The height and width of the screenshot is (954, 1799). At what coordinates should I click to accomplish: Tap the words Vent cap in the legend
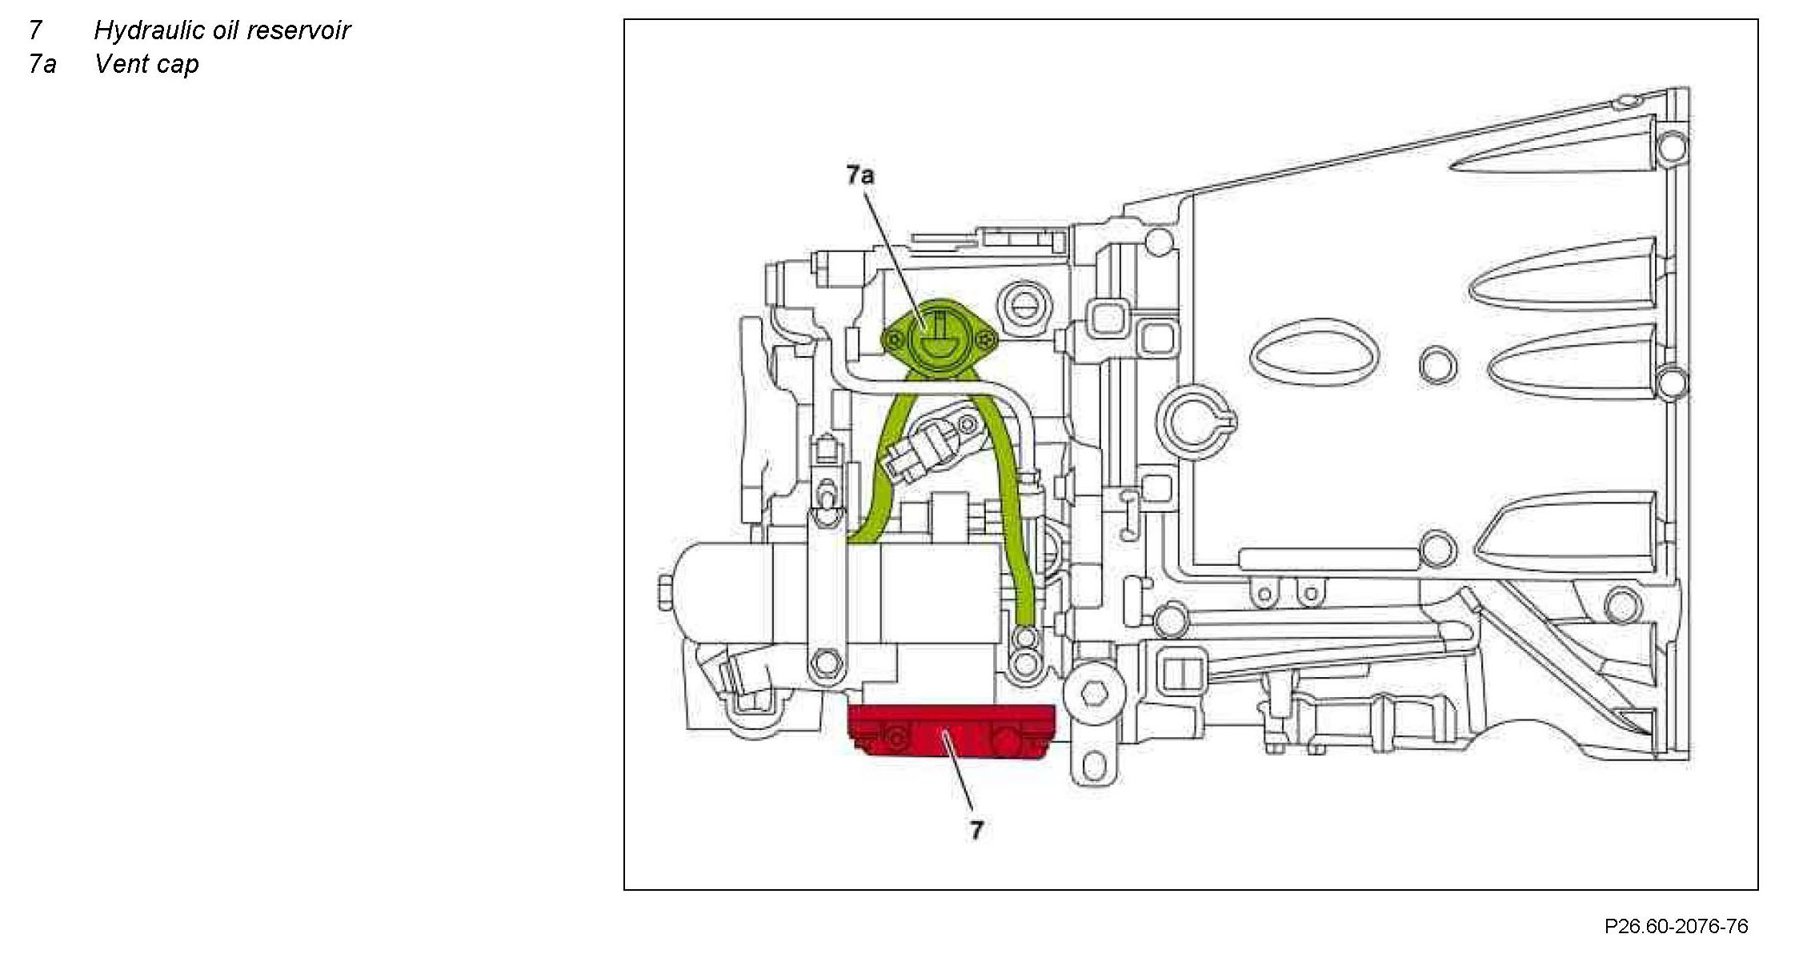146,64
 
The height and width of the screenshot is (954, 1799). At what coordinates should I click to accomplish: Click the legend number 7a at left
42,64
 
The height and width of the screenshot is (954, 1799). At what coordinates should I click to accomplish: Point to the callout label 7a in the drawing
860,174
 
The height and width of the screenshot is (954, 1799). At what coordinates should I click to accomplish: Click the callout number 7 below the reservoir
976,830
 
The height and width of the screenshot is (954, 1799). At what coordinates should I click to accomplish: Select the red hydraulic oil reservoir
952,731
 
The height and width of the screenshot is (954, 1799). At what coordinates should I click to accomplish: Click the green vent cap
940,338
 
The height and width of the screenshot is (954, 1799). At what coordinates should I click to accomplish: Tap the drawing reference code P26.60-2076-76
1676,926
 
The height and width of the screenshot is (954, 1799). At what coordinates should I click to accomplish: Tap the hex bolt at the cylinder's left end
666,591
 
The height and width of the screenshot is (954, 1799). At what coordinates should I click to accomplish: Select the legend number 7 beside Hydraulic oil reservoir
35,30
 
